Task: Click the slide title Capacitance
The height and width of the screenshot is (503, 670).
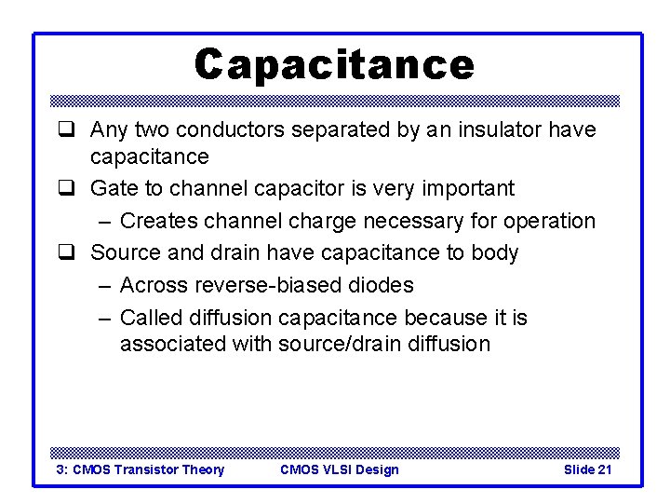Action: tap(334, 64)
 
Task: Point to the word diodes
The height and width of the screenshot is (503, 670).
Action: tap(380, 285)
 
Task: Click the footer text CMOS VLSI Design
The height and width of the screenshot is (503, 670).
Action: tap(339, 469)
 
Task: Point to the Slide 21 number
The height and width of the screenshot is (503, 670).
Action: tap(587, 469)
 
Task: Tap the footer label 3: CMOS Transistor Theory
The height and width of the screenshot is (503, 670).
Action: tap(141, 469)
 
